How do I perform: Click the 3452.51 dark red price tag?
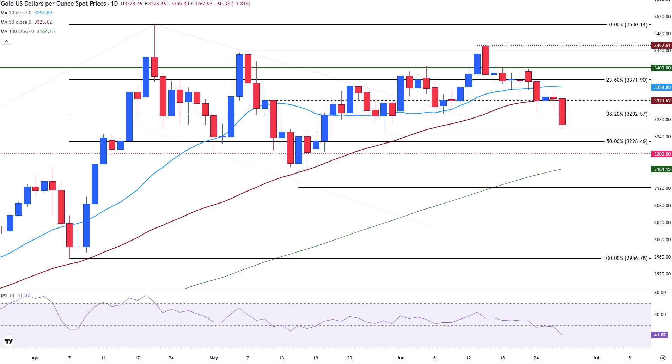tap(662, 45)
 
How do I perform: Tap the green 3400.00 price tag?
tap(662, 68)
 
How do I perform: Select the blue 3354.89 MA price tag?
tap(662, 87)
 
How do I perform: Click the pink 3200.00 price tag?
tap(662, 154)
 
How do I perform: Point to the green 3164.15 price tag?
tap(662, 169)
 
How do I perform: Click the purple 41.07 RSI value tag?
tap(659, 335)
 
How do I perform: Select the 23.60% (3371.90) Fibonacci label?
tap(627, 80)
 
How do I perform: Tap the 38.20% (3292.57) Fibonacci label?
tap(627, 114)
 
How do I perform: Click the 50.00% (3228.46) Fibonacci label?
tap(627, 141)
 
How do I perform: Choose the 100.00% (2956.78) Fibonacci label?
tap(625, 258)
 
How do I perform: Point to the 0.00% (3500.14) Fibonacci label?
tap(628, 25)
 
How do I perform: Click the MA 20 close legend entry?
tap(26, 13)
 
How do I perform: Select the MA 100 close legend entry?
tap(28, 31)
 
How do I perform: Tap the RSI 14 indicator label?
tap(8, 296)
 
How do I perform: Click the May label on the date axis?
tap(214, 358)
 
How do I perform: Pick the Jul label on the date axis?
tap(595, 358)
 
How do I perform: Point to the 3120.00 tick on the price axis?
tap(662, 188)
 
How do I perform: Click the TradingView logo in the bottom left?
tap(8, 341)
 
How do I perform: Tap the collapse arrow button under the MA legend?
tap(6, 41)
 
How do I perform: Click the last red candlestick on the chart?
tap(562, 111)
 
